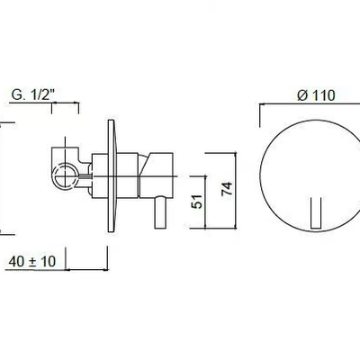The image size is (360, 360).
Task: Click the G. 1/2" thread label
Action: tap(33, 94)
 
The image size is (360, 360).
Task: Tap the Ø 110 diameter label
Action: tap(316, 95)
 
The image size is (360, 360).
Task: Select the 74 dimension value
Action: tap(227, 189)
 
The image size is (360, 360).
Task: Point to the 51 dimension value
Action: tap(197, 202)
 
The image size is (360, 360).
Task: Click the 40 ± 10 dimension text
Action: tap(32, 261)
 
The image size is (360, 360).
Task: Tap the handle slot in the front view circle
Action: tap(316, 213)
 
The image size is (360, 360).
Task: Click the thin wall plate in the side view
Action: tap(111, 175)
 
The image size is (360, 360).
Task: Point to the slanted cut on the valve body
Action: tap(145, 166)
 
